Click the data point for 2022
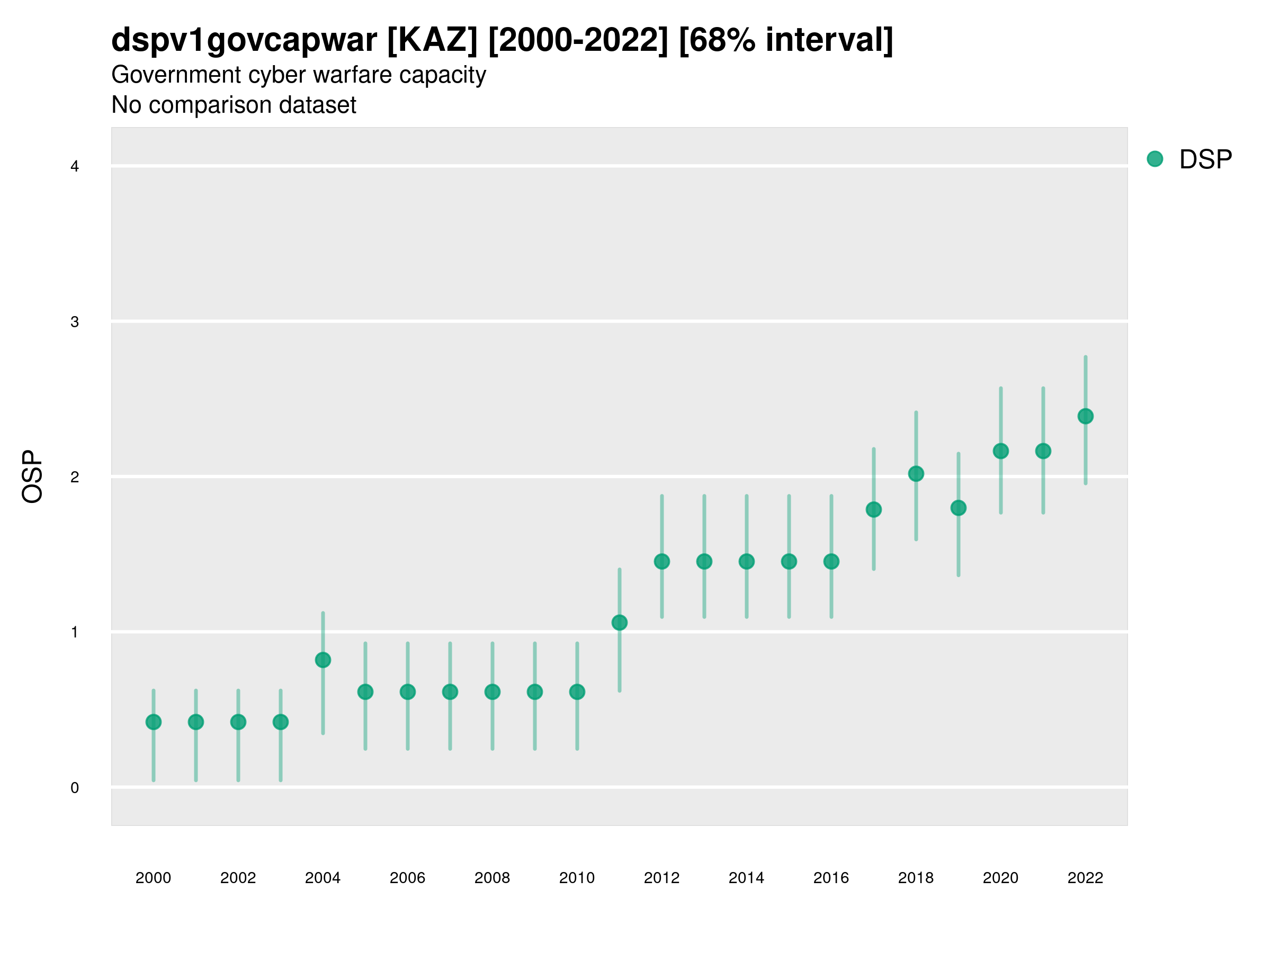click(x=1086, y=416)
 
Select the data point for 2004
click(x=323, y=660)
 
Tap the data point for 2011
click(x=620, y=623)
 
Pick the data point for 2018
click(x=916, y=473)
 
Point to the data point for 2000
click(x=154, y=722)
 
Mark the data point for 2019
click(x=959, y=508)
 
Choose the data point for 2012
click(x=662, y=561)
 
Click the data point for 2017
click(x=873, y=509)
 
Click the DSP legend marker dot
click(x=1154, y=159)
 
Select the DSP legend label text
click(x=1205, y=160)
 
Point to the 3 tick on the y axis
click(x=75, y=322)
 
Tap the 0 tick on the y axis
click(x=75, y=788)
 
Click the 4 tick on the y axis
click(x=75, y=167)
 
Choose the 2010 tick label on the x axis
click(x=577, y=878)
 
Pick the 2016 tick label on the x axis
click(x=831, y=878)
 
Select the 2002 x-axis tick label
click(x=238, y=878)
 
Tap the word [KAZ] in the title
click(x=432, y=40)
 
